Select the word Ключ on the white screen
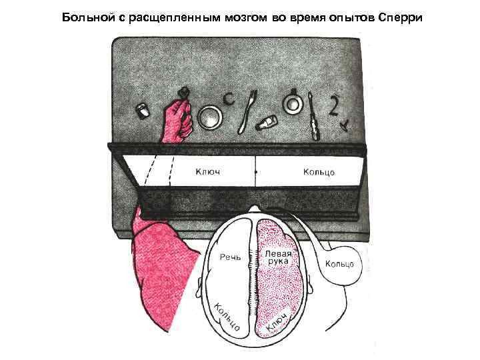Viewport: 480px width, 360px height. tap(207, 172)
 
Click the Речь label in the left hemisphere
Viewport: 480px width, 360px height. tap(231, 257)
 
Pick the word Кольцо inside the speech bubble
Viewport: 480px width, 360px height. tap(339, 264)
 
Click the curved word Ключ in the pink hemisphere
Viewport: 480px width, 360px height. tap(277, 321)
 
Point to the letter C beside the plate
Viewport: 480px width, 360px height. tap(229, 101)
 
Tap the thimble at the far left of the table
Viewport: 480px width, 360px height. tap(141, 109)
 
